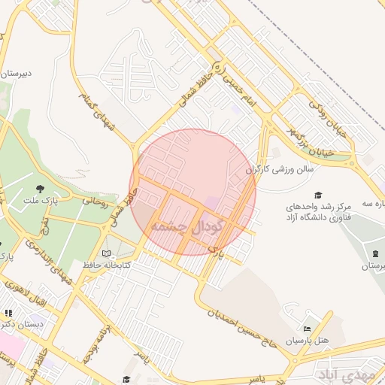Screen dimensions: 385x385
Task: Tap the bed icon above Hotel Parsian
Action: coord(306,329)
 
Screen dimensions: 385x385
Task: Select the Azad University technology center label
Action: coord(319,211)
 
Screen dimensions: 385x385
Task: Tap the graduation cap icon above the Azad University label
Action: coord(318,194)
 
